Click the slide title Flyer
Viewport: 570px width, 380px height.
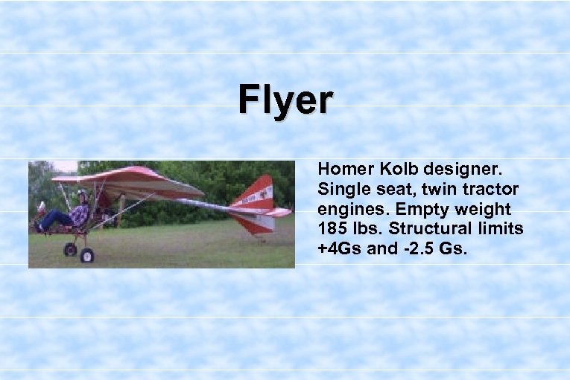pyautogui.click(x=286, y=100)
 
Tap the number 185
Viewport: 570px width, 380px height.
pyautogui.click(x=332, y=230)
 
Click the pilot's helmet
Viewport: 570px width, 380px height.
pyautogui.click(x=82, y=195)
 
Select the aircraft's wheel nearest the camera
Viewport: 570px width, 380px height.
pyautogui.click(x=87, y=256)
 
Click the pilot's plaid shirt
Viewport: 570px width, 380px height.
pyautogui.click(x=80, y=214)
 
